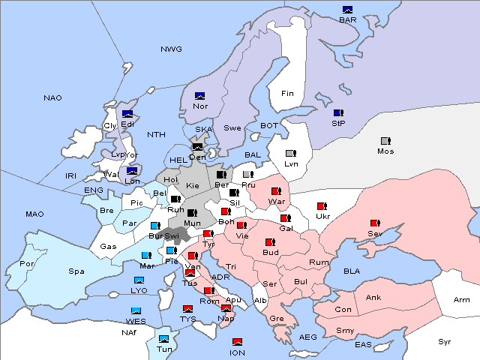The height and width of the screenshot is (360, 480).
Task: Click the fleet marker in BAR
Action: coord(347,10)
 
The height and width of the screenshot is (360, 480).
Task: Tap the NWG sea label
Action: coord(171,49)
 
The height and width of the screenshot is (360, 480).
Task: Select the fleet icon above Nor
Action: coord(200,96)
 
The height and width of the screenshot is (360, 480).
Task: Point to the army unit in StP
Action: coord(339,112)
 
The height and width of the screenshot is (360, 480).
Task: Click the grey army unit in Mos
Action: coord(385,141)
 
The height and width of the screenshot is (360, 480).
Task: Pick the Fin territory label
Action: coord(287,94)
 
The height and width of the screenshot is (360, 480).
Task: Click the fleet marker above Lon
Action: coord(132,171)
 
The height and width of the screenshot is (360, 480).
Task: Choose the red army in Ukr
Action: coord(322,206)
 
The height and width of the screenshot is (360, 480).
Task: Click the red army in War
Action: coord(275,191)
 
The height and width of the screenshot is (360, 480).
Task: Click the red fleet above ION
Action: coord(237,342)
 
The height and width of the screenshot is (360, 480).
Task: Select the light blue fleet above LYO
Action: coord(139,280)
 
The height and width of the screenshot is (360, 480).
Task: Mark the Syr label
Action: coord(445,341)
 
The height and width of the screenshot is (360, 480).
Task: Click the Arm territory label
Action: coord(463,300)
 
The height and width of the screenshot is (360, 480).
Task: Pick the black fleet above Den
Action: coord(198,148)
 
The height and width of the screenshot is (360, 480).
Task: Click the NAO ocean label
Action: coord(52,98)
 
